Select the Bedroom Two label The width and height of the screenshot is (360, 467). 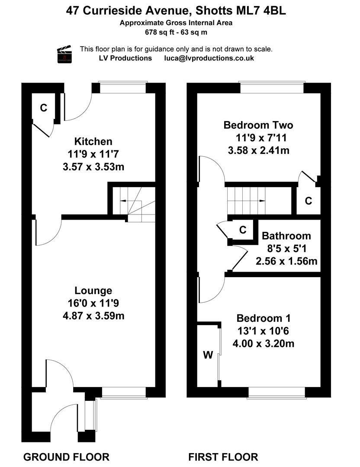pyautogui.click(x=258, y=125)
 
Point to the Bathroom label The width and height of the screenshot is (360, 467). pyautogui.click(x=286, y=236)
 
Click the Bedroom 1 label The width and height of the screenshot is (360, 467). pyautogui.click(x=264, y=318)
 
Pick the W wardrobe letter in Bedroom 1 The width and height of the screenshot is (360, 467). pyautogui.click(x=208, y=355)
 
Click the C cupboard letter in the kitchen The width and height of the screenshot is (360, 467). pyautogui.click(x=44, y=108)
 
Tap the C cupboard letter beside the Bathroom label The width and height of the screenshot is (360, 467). pyautogui.click(x=243, y=230)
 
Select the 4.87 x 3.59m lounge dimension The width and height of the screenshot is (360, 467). pyautogui.click(x=93, y=316)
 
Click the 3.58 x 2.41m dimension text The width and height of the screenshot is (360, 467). pyautogui.click(x=259, y=150)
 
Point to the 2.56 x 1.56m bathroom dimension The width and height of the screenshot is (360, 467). pyautogui.click(x=286, y=261)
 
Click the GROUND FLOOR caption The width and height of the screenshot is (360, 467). pyautogui.click(x=67, y=457)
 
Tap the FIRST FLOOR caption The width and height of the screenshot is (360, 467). pyautogui.click(x=223, y=457)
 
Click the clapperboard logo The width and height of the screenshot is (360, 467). pyautogui.click(x=64, y=54)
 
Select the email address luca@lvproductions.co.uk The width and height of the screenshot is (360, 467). pyautogui.click(x=209, y=58)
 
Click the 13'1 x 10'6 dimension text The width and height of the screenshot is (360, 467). pyautogui.click(x=264, y=331)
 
